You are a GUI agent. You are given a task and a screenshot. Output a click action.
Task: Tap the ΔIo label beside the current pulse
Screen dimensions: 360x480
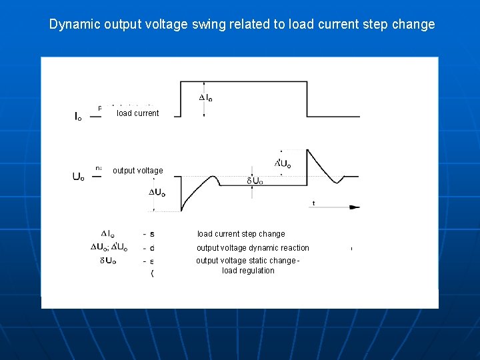coord(207,98)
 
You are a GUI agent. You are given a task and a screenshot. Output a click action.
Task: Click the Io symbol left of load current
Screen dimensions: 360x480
coord(78,117)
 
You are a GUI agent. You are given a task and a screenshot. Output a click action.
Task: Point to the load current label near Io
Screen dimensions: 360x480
coord(137,113)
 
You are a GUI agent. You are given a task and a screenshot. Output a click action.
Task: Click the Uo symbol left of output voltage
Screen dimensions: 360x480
coord(78,177)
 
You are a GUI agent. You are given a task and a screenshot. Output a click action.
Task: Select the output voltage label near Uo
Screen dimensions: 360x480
coord(137,171)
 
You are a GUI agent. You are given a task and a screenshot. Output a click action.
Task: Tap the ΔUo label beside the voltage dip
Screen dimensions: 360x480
coord(157,193)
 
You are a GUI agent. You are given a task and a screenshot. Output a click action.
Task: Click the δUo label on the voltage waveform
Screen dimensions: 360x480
coord(255,181)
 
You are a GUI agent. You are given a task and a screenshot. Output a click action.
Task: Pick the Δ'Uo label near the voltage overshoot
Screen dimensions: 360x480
coord(283,163)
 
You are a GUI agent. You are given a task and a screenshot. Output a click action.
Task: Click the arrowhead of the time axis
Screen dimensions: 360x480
coord(355,208)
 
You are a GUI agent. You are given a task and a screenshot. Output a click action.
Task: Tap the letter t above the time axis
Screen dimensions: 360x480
coord(313,203)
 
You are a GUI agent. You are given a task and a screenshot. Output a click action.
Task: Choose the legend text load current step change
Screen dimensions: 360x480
coord(241,234)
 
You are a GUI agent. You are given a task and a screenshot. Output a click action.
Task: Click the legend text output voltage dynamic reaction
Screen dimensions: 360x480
coord(253,248)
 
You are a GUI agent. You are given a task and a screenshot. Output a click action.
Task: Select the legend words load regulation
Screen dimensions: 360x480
coord(248,271)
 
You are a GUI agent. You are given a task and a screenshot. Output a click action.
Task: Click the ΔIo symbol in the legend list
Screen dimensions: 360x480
coord(108,234)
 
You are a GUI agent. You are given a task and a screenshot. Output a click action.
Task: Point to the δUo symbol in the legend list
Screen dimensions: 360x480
coord(108,261)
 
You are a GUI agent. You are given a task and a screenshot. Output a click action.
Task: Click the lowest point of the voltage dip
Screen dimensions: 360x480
coord(181,211)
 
